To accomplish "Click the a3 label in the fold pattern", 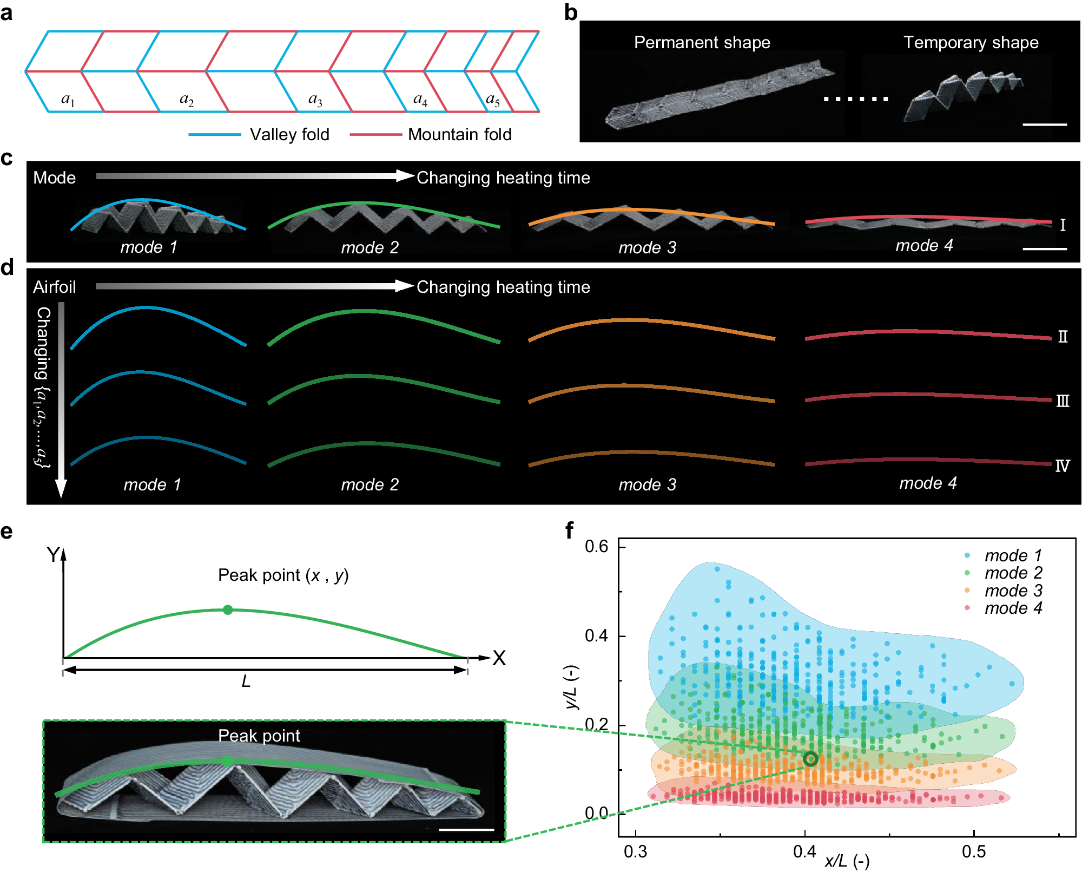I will [315, 100].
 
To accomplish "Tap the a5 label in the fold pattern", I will [493, 100].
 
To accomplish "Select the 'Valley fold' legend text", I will [289, 134].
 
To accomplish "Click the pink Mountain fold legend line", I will [375, 134].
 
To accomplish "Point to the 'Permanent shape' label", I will [702, 42].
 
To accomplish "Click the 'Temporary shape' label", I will [971, 42].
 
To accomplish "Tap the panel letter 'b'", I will [571, 12].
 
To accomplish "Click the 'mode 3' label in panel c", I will [647, 247].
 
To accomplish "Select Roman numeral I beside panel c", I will [1063, 225].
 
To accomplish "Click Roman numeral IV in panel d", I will [1062, 465].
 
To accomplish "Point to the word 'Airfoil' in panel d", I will [54, 287].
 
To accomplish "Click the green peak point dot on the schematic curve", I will [228, 610].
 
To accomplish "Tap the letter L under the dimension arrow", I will [246, 681].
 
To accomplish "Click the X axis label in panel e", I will [499, 658].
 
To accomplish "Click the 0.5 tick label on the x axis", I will [973, 852].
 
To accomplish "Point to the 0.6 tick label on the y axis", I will [596, 546].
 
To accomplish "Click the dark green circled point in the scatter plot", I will [810, 759].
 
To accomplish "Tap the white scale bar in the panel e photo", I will [466, 829].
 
